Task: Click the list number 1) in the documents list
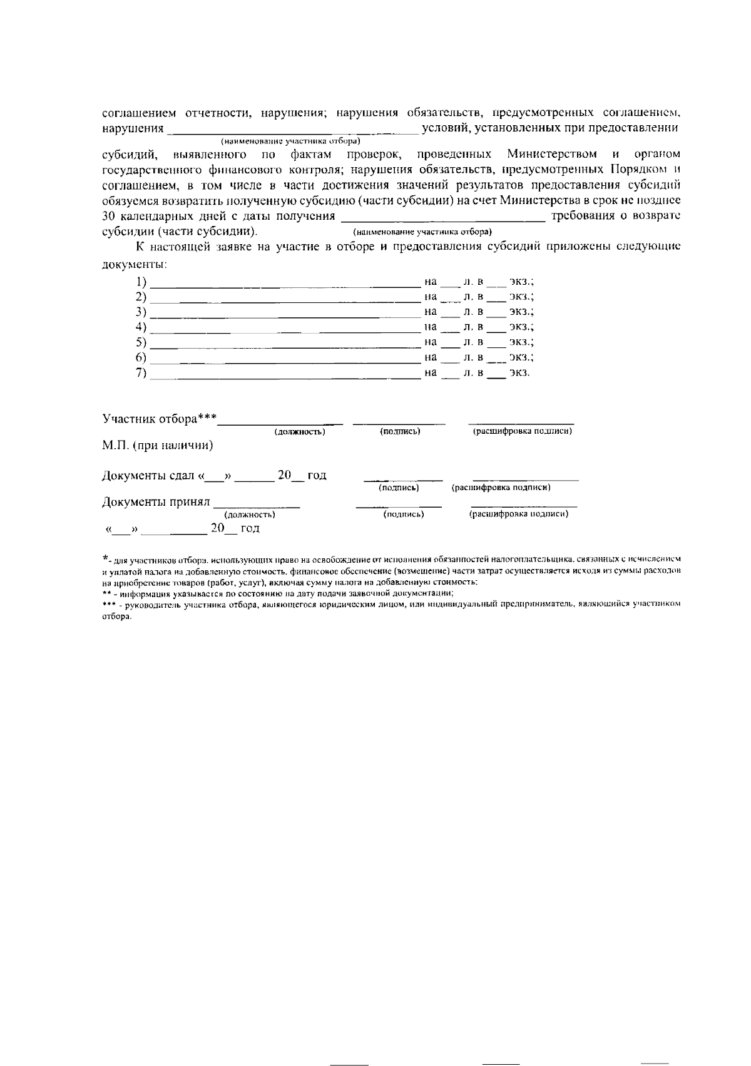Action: coord(141,282)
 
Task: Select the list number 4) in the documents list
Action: coord(141,327)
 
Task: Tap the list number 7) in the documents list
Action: coord(141,373)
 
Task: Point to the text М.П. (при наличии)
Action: coord(158,446)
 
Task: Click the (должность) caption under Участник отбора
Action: coord(300,432)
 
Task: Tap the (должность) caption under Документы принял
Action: coord(250,515)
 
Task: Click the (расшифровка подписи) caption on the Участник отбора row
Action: coord(522,431)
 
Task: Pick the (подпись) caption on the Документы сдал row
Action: coord(399,488)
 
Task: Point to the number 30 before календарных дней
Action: coord(109,217)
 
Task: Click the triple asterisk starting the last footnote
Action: coord(109,605)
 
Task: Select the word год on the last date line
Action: coord(250,529)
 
